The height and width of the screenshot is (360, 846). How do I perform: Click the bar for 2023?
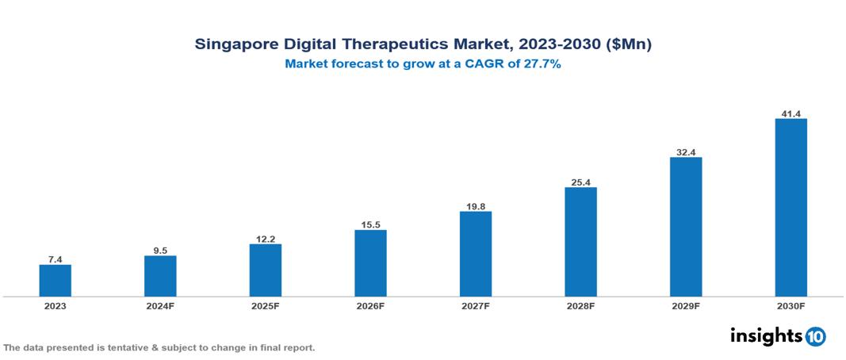(55, 281)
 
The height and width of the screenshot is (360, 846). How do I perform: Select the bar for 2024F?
(160, 276)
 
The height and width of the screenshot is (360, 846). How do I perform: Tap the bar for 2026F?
(370, 263)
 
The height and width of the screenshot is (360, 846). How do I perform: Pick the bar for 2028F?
(580, 242)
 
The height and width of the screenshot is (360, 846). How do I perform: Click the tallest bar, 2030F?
(790, 208)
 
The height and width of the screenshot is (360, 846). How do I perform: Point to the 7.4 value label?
(55, 259)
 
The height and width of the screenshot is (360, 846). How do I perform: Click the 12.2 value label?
(265, 239)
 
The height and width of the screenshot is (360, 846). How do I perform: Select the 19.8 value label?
(475, 206)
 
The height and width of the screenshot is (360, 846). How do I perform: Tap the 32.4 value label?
(686, 151)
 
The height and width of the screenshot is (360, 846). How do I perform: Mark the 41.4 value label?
(790, 113)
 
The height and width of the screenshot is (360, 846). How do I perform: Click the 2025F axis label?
(265, 306)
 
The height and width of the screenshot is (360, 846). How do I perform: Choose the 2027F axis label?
(475, 306)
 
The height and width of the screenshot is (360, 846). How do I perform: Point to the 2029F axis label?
(686, 306)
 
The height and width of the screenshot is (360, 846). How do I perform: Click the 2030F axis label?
(790, 306)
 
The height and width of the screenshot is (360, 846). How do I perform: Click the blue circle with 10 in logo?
(815, 336)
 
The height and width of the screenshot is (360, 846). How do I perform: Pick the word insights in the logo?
(766, 335)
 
